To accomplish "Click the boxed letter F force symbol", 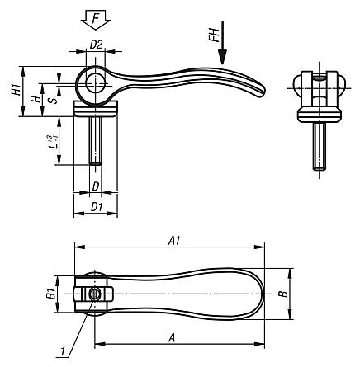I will pos(97,16).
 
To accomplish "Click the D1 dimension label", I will pos(96,205).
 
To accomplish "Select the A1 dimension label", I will pos(174,240).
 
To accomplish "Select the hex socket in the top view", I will pos(97,294).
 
